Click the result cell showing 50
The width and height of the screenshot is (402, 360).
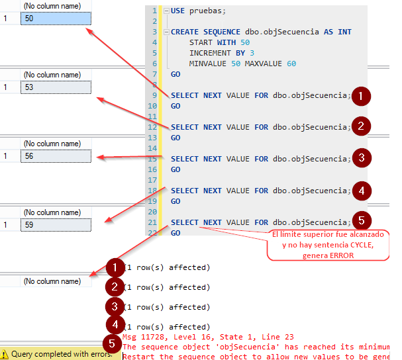[56, 19]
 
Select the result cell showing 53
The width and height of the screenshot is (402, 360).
[56, 87]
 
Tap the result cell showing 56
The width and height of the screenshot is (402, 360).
[56, 156]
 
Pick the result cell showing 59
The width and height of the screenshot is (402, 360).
[56, 224]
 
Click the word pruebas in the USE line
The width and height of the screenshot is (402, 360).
[207, 11]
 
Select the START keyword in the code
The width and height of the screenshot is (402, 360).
[202, 42]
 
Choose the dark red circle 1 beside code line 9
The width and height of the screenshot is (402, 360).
[361, 96]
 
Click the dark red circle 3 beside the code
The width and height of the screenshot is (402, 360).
[361, 158]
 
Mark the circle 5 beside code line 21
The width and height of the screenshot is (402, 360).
[361, 221]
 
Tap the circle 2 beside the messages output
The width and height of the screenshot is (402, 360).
[115, 287]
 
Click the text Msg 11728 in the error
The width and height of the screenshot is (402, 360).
[144, 337]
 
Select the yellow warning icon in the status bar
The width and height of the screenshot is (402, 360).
[5, 354]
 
